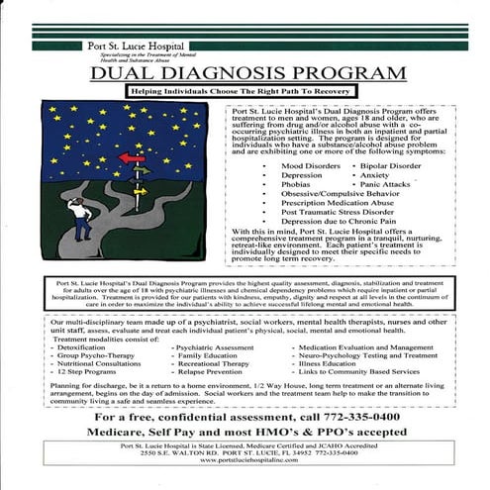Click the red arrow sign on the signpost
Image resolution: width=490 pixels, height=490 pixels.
click(131, 157)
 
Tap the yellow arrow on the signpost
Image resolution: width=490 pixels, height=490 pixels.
click(141, 191)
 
